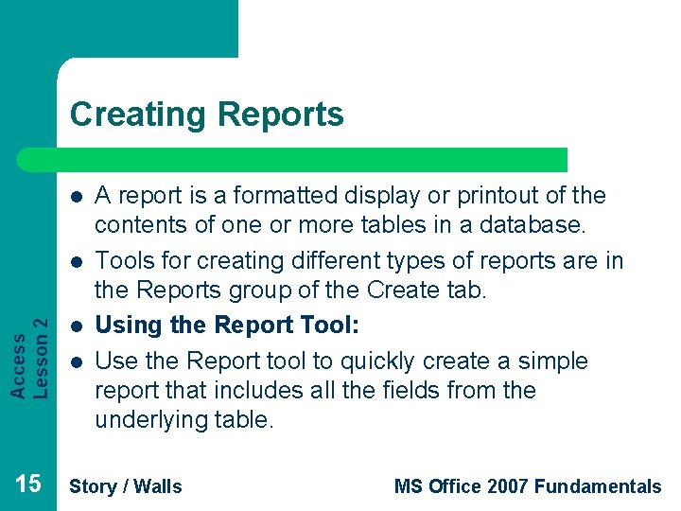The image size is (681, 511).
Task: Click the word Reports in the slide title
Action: (281, 115)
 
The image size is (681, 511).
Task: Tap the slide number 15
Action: (28, 485)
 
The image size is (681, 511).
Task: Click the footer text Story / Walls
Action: (126, 486)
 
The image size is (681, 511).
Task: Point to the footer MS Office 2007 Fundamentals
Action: (527, 486)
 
